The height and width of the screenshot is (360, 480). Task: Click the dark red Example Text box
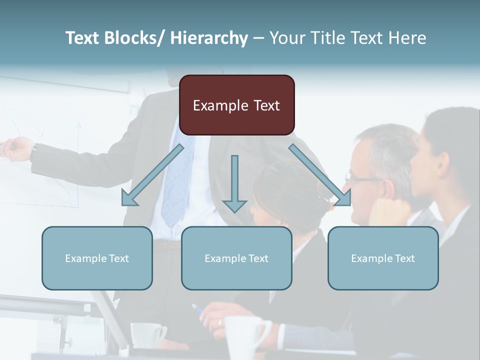236,105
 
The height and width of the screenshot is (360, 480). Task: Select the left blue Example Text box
97,258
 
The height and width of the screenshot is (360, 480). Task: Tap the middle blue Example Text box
236,258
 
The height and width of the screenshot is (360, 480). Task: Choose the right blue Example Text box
383,258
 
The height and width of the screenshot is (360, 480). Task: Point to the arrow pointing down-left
152,175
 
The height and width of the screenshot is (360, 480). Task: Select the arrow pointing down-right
320,175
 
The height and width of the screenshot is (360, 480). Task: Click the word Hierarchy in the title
208,38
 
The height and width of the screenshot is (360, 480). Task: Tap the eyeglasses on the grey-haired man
362,177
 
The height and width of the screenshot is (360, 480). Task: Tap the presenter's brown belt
167,245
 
